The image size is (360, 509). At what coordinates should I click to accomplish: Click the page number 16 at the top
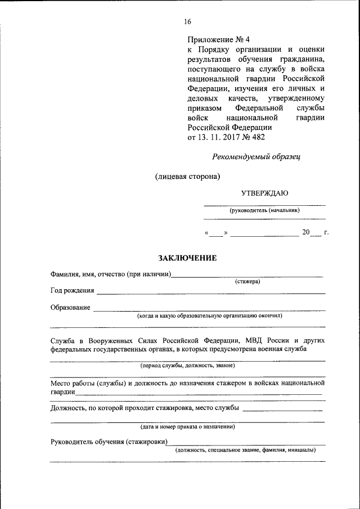click(187, 22)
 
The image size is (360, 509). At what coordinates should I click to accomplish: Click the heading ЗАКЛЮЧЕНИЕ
click(187, 258)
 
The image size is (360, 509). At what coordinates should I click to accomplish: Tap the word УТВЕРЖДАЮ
click(264, 193)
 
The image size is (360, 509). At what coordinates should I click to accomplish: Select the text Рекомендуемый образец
click(256, 157)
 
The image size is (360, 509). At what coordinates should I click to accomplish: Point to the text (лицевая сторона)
click(187, 176)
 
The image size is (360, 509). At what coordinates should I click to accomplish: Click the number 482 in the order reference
click(258, 137)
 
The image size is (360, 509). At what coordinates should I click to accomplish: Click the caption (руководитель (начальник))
click(264, 210)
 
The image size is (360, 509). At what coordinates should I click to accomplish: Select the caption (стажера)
click(247, 281)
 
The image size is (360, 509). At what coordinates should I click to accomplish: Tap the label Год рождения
click(72, 291)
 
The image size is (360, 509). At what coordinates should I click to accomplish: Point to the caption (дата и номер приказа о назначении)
click(188, 427)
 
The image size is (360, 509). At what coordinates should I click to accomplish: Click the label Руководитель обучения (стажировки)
click(109, 442)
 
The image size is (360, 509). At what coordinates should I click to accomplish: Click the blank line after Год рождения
click(211, 293)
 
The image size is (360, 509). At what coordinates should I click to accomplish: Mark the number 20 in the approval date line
click(306, 232)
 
